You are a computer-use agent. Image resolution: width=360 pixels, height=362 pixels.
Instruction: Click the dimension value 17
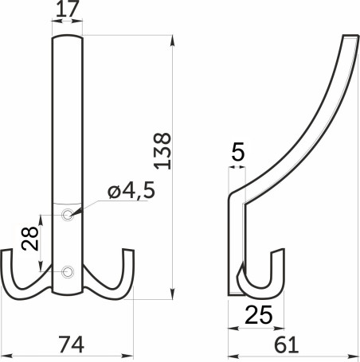click(x=67, y=11)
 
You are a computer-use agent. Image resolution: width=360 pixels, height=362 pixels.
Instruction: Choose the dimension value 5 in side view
click(x=237, y=151)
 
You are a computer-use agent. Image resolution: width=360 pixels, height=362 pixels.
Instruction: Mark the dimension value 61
click(x=288, y=344)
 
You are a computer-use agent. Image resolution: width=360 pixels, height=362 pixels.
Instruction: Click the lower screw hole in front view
click(x=68, y=272)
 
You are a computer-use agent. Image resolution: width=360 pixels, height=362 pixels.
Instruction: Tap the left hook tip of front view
click(x=8, y=255)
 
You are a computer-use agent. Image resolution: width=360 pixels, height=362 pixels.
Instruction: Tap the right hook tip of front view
click(x=128, y=255)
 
